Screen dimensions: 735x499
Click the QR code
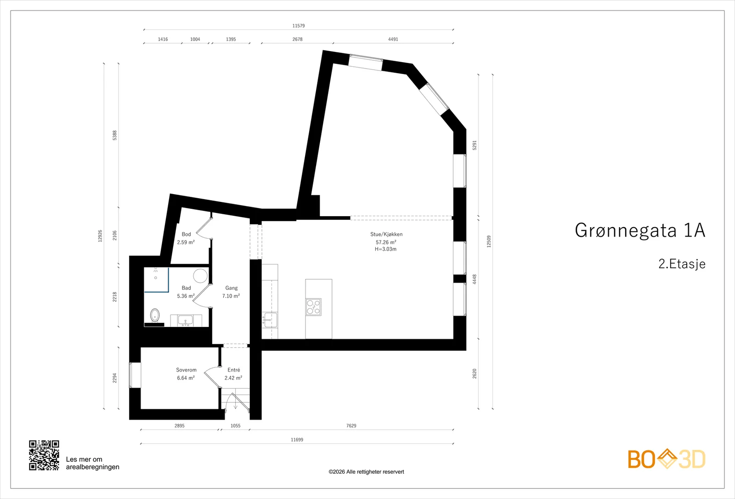pyautogui.click(x=44, y=455)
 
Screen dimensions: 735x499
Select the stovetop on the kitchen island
pyautogui.click(x=313, y=307)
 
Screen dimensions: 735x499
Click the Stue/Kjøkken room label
pyautogui.click(x=386, y=234)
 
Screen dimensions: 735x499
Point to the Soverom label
pyautogui.click(x=186, y=370)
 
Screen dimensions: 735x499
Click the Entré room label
pyautogui.click(x=234, y=370)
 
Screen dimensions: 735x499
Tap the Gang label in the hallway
pyautogui.click(x=232, y=288)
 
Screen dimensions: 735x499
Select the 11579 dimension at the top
pyautogui.click(x=299, y=26)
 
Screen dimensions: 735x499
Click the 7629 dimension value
pyautogui.click(x=351, y=426)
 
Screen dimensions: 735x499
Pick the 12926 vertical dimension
pyautogui.click(x=100, y=236)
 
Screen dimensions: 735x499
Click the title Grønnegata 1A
pyautogui.click(x=640, y=230)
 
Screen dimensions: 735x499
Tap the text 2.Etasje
pyautogui.click(x=682, y=264)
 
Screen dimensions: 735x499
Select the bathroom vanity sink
pyautogui.click(x=186, y=320)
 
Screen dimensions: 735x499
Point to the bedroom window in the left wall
pyautogui.click(x=135, y=375)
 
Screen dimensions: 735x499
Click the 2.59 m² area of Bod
pyautogui.click(x=186, y=242)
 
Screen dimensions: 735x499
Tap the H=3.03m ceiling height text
pyautogui.click(x=386, y=249)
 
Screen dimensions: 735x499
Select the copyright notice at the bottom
pyautogui.click(x=366, y=472)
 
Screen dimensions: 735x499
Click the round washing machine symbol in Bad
pyautogui.click(x=200, y=275)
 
